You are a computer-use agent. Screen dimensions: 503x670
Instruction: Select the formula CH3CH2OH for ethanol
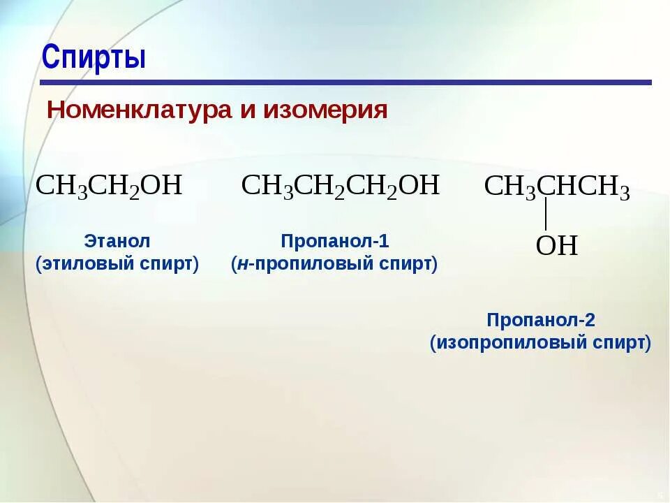pyautogui.click(x=109, y=186)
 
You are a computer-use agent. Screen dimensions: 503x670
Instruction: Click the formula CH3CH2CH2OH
pyautogui.click(x=340, y=186)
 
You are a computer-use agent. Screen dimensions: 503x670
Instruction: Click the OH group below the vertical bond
pyautogui.click(x=556, y=246)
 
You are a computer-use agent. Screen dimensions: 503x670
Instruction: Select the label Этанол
pyautogui.click(x=117, y=242)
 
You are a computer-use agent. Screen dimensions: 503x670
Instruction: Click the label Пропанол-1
pyautogui.click(x=334, y=242)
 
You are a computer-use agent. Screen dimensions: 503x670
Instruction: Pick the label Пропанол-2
pyautogui.click(x=541, y=321)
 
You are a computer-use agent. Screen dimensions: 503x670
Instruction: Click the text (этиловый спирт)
pyautogui.click(x=117, y=265)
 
